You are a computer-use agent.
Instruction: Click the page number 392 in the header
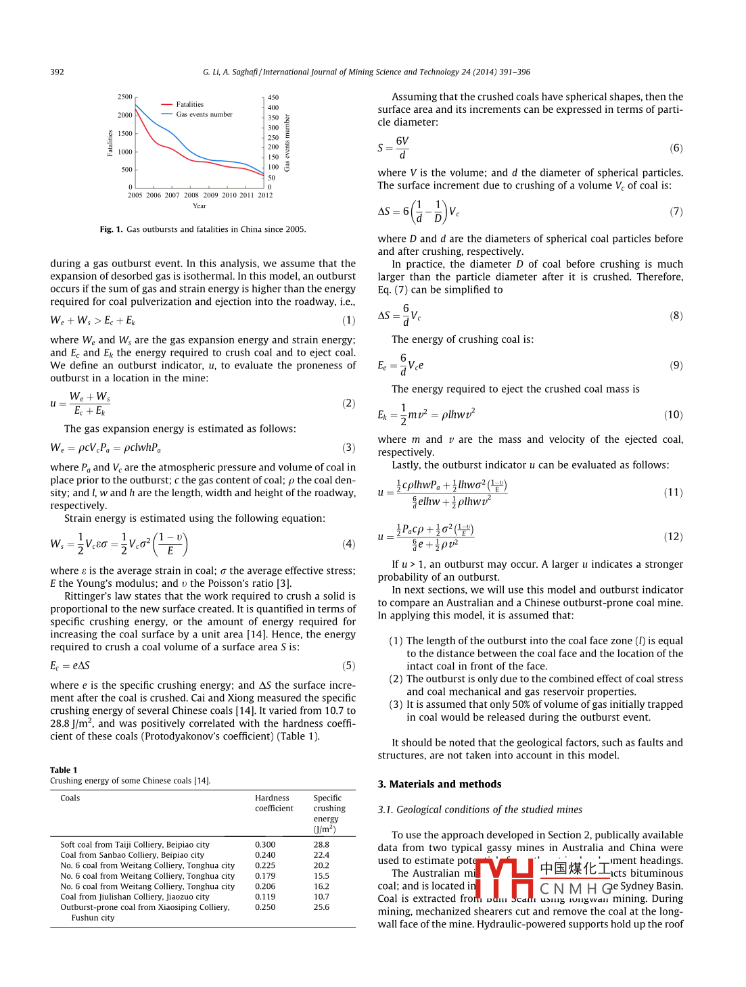point(57,72)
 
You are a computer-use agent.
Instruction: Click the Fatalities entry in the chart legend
point(189,105)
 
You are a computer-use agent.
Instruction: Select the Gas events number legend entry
point(204,115)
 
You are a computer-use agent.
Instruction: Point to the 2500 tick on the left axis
point(125,97)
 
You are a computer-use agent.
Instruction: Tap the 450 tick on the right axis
point(273,97)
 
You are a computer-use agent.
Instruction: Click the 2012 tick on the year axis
point(265,195)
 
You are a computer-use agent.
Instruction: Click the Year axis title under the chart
point(199,206)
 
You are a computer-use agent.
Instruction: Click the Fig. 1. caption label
point(111,230)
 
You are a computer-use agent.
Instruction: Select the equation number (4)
point(348,544)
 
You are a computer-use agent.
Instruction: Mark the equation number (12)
point(673,537)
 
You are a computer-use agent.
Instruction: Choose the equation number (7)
point(676,212)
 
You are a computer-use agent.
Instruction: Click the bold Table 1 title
point(64,770)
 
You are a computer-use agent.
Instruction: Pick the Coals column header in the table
point(70,798)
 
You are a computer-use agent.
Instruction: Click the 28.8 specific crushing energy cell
point(321,845)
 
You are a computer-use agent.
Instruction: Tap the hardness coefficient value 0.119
point(265,897)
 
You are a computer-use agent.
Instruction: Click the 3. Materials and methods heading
point(440,784)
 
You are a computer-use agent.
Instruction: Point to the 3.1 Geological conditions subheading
point(480,810)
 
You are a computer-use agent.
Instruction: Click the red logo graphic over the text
point(505,877)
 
